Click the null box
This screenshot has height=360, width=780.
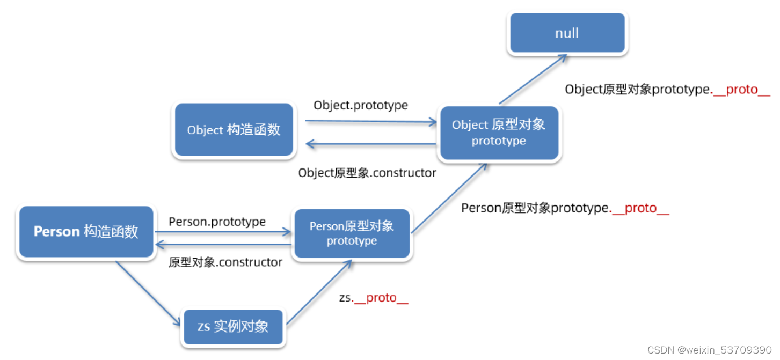point(567,33)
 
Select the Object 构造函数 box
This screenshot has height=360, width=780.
point(234,130)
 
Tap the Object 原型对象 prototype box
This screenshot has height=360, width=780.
point(499,133)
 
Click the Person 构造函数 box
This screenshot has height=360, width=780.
point(86,232)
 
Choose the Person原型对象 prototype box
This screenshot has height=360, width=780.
point(352,233)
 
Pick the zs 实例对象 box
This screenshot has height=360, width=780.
point(233,326)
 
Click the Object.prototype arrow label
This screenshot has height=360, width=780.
point(361,105)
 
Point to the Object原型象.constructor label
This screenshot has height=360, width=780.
point(367,173)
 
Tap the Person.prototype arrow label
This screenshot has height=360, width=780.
point(217,222)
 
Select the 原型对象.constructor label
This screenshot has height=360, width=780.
point(225,262)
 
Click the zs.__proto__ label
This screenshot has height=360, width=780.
point(374,298)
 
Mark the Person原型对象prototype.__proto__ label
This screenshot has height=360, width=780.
point(565,208)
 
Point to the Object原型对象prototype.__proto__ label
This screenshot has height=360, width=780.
point(667,90)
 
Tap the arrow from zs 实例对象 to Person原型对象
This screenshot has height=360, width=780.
point(319,293)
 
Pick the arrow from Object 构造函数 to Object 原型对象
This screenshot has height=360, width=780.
point(370,122)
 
